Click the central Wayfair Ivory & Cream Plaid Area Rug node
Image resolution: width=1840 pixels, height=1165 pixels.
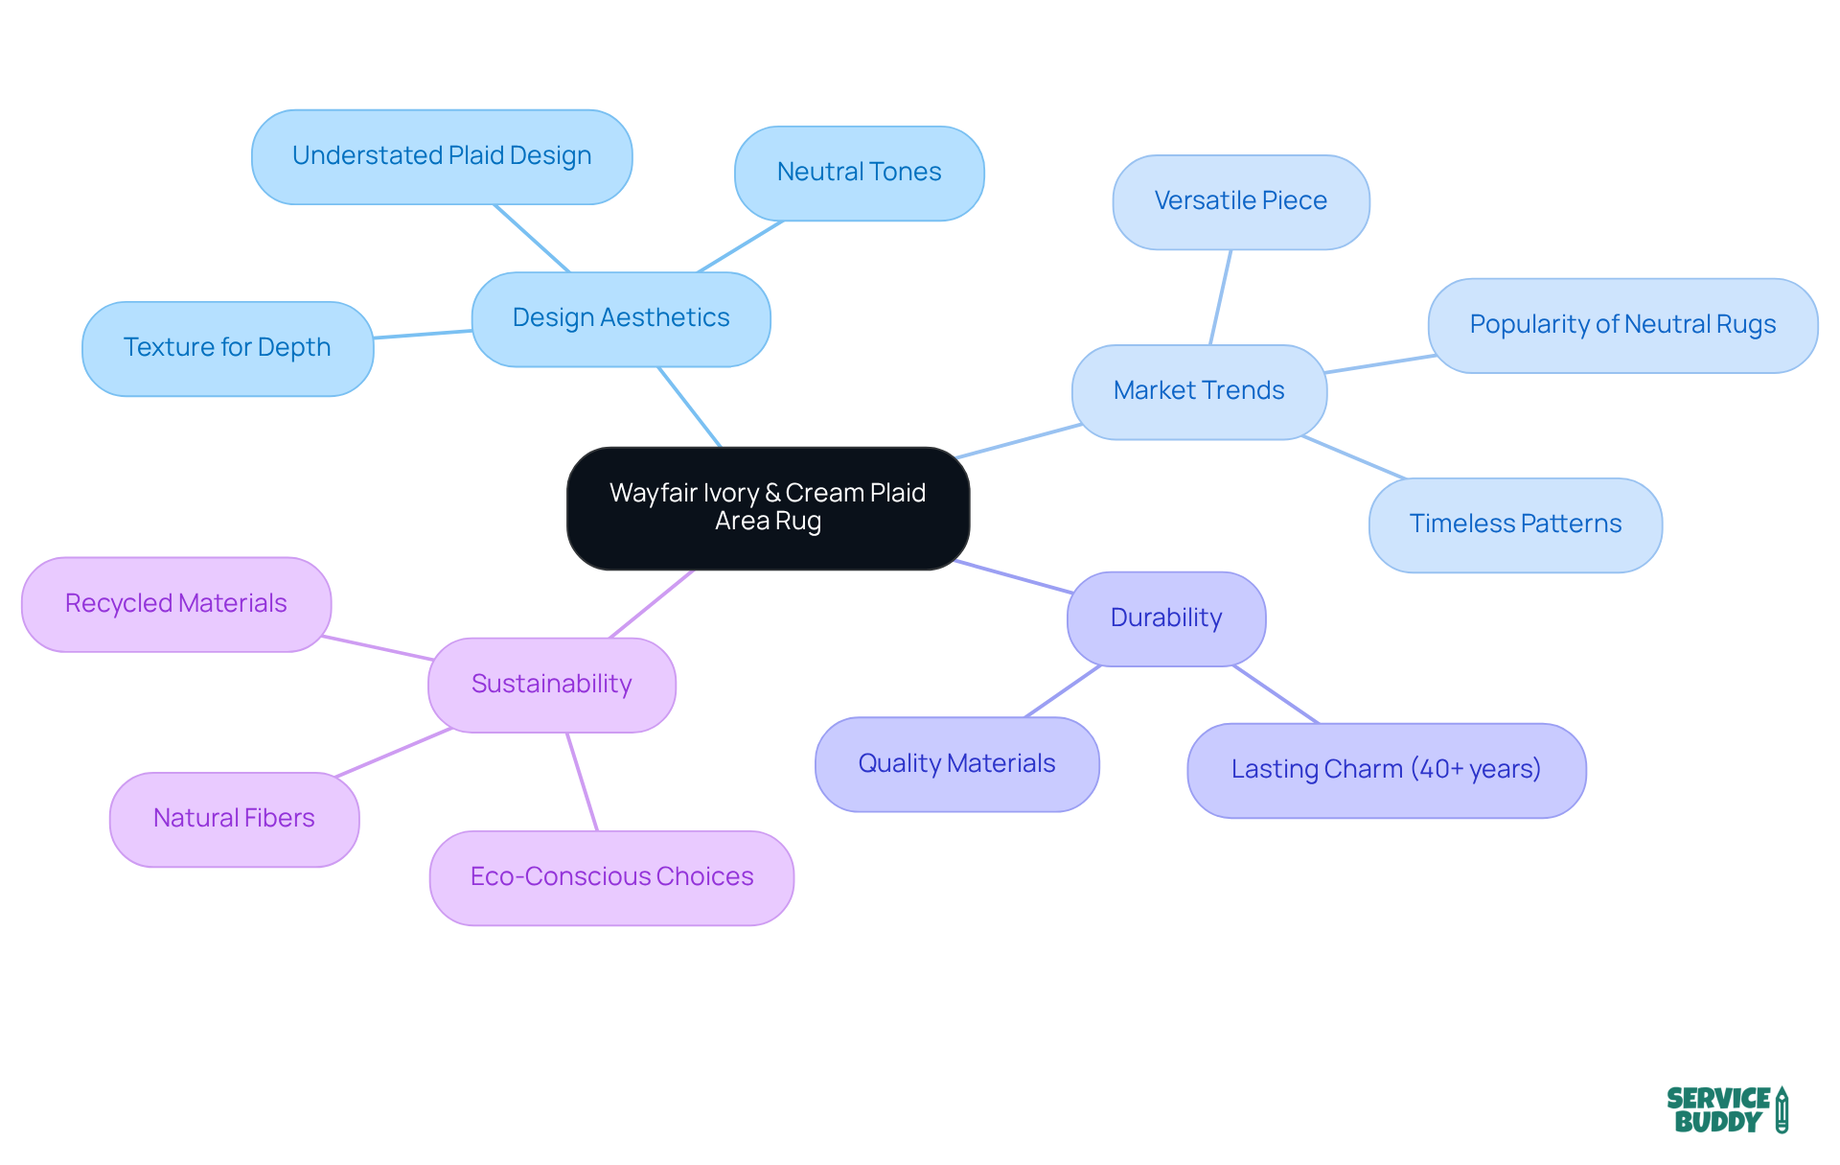point(768,507)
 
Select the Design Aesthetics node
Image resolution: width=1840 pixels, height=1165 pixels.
point(621,318)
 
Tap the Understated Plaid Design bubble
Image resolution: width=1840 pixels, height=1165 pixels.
point(442,156)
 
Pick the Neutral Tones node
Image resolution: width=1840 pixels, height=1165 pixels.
point(859,173)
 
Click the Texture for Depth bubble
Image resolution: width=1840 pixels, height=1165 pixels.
point(227,348)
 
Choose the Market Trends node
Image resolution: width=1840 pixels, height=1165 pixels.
point(1199,391)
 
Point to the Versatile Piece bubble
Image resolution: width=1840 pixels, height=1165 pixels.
point(1240,201)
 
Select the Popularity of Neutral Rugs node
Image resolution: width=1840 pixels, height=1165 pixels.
point(1622,325)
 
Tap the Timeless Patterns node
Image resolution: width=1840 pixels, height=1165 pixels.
point(1515,524)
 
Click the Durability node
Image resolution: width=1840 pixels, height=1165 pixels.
point(1166,618)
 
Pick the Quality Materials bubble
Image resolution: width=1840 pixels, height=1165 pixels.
point(956,764)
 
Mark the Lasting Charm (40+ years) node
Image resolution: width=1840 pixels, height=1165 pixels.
point(1386,770)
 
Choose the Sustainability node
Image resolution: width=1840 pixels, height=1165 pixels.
point(552,685)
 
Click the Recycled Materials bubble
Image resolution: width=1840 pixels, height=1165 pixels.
point(176,604)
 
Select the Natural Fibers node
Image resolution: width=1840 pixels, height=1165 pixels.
point(234,819)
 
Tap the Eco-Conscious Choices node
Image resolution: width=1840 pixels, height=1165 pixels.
point(611,877)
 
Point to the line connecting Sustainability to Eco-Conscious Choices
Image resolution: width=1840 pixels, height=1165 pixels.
point(582,781)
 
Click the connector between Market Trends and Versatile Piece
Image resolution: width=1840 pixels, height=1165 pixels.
point(1221,297)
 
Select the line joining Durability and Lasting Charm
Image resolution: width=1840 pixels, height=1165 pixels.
point(1276,694)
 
